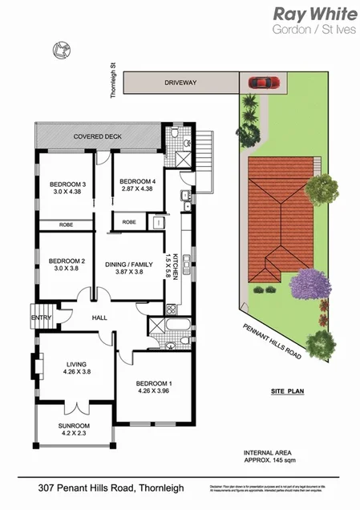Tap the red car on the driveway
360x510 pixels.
(263, 81)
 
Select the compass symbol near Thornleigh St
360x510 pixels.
(59, 50)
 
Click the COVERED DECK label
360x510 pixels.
(97, 136)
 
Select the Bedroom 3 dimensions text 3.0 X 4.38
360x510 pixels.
(67, 192)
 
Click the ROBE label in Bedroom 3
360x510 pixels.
(67, 225)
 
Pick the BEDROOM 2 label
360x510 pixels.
(67, 261)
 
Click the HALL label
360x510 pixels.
(99, 318)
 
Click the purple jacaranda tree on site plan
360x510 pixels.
(312, 283)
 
